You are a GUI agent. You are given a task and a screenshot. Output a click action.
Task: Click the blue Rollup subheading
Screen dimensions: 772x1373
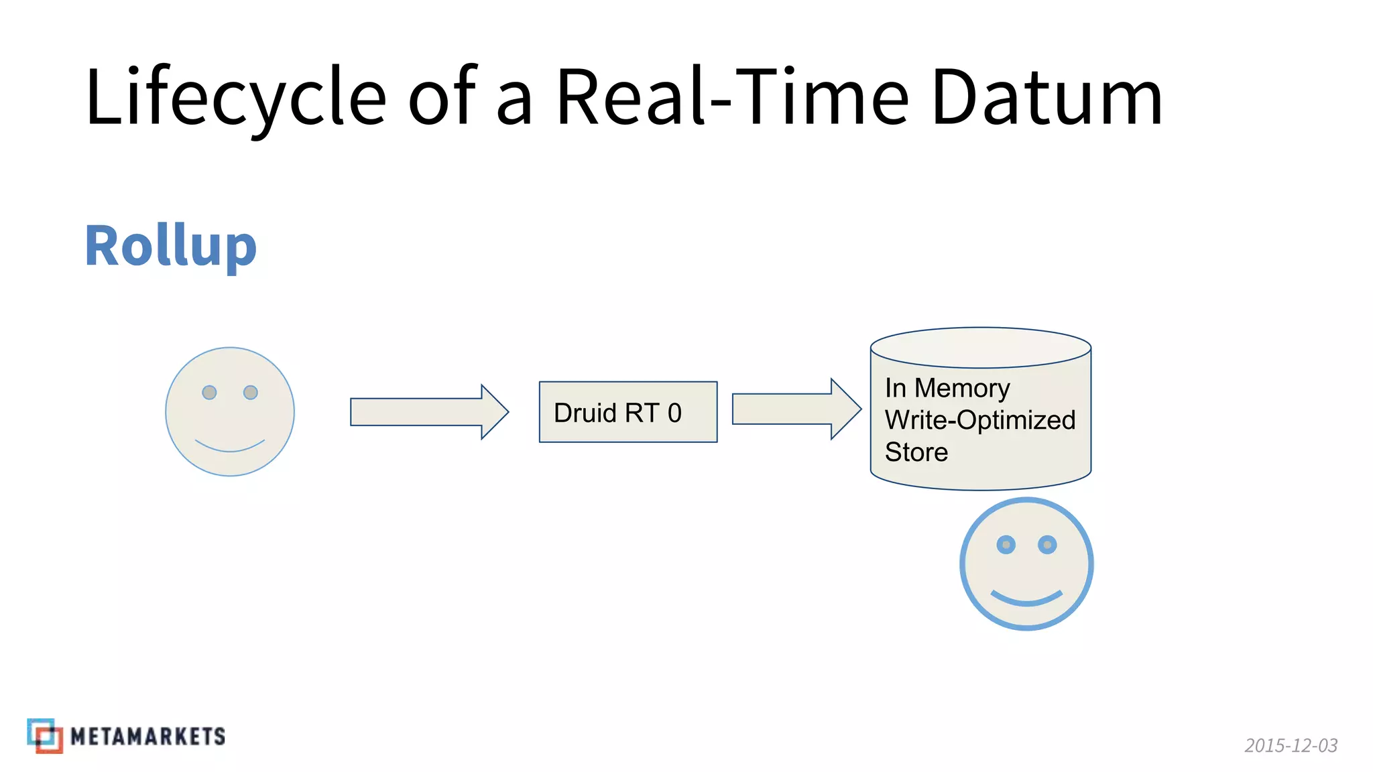tap(171, 247)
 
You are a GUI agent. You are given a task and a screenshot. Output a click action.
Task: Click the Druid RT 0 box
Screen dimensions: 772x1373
tap(628, 412)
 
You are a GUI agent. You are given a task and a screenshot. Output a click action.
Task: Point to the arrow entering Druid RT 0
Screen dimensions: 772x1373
tap(429, 412)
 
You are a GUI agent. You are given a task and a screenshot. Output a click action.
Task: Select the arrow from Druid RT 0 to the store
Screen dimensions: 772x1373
tap(796, 409)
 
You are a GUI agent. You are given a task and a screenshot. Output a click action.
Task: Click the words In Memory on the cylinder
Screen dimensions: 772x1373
tap(947, 388)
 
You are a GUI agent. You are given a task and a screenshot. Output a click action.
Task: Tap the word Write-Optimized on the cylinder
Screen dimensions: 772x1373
tap(979, 420)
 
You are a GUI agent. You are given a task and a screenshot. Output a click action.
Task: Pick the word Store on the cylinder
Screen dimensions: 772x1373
tap(916, 452)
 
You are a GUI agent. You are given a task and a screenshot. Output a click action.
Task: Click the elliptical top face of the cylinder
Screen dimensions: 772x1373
tap(980, 348)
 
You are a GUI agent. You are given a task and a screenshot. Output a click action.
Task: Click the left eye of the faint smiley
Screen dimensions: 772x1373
tap(209, 392)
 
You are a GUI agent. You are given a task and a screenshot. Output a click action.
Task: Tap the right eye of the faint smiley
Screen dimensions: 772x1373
tap(251, 392)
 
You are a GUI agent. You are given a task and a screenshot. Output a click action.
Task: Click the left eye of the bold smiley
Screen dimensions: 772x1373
tap(1006, 545)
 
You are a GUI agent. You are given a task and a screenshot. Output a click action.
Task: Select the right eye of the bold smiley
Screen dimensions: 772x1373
tap(1047, 545)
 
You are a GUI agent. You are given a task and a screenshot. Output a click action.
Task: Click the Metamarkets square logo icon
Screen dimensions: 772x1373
tap(45, 736)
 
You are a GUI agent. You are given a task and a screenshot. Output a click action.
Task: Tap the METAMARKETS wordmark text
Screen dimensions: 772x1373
tap(147, 736)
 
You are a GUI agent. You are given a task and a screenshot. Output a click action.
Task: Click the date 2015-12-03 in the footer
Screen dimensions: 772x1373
tap(1291, 745)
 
